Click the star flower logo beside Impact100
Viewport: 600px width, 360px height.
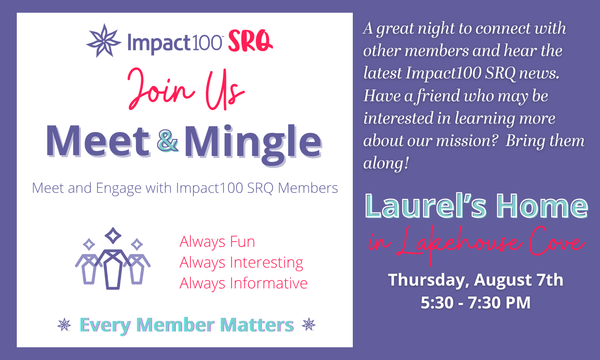click(104, 41)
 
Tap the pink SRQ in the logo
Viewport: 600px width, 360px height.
click(250, 41)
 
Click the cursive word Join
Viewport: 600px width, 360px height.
click(161, 89)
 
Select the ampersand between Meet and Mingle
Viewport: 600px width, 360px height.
click(168, 141)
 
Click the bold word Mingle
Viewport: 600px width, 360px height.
click(253, 145)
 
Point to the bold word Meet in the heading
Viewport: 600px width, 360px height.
click(98, 141)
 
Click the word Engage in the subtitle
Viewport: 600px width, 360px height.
click(119, 188)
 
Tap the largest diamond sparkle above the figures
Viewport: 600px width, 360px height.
click(113, 236)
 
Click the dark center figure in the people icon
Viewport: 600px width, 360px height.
click(113, 269)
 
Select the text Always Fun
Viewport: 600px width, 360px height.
click(217, 242)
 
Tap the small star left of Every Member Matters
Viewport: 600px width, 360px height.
click(64, 324)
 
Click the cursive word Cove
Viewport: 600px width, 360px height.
click(557, 241)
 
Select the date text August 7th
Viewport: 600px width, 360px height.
click(519, 280)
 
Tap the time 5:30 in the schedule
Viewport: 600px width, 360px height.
click(437, 303)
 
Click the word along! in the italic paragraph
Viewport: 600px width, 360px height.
click(386, 163)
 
